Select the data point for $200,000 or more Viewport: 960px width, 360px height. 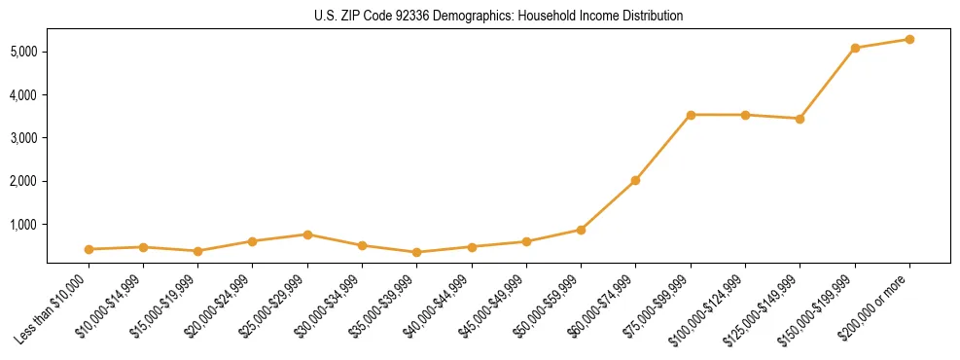tap(909, 39)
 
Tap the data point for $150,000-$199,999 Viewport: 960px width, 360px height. tap(855, 48)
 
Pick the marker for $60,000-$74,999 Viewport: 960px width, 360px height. tap(635, 180)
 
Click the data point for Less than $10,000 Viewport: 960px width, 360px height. tap(89, 249)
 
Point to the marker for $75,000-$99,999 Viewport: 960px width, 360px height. tap(691, 115)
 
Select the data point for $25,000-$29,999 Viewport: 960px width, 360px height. tap(307, 234)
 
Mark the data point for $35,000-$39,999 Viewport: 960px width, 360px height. tap(416, 252)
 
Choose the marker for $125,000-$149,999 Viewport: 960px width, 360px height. tap(800, 119)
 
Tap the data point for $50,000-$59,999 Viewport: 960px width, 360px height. tap(581, 230)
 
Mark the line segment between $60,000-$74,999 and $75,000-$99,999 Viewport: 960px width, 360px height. tap(662, 148)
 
